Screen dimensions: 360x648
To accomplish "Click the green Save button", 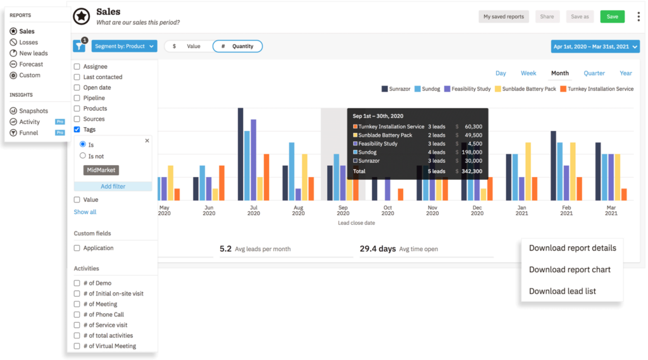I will [612, 16].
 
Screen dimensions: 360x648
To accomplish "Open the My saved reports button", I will [504, 16].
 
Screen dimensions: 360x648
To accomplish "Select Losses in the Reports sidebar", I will [28, 42].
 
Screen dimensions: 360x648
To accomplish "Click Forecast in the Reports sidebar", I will [31, 64].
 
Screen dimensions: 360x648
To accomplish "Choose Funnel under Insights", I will [28, 133].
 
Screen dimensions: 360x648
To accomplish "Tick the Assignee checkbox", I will [77, 66].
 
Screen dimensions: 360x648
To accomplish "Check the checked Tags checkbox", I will [77, 129].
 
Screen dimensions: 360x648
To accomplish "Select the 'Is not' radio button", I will [83, 156].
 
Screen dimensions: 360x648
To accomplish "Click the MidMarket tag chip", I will [101, 170].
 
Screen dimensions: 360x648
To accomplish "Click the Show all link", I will [85, 212].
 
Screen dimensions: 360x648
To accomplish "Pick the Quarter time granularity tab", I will [594, 73].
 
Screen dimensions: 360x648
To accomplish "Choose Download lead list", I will [563, 291].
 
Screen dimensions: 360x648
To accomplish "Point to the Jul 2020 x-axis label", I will [254, 211].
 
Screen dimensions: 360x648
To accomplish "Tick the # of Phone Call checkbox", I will [77, 314].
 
